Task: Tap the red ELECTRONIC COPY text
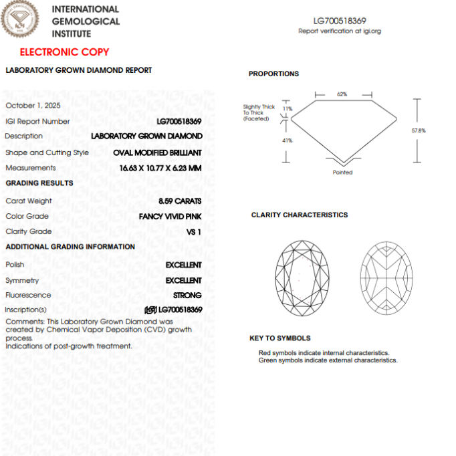coord(64,52)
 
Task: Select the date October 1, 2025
coord(33,106)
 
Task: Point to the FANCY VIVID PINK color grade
coord(170,216)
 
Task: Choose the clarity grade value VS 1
coord(193,231)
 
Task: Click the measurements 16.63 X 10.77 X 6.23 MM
coord(156,168)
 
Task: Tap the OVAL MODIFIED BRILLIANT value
coord(157,152)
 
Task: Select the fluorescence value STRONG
coord(187,295)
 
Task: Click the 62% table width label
coord(342,94)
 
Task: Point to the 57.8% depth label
coord(419,130)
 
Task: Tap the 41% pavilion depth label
coord(287,140)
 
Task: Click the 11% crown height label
coord(288,108)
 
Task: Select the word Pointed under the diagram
coord(342,173)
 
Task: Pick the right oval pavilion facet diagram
coord(387,277)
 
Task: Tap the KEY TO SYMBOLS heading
coord(279,338)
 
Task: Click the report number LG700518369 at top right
coord(340,21)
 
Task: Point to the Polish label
coord(15,265)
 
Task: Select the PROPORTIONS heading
coord(273,74)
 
